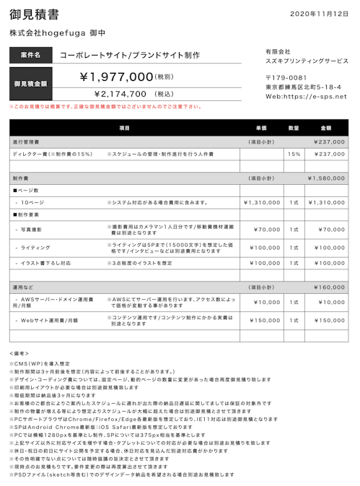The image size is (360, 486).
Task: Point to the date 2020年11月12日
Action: coord(319,14)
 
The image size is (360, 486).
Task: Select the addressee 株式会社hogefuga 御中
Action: coord(58,33)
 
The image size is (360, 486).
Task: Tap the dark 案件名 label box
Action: coord(30,55)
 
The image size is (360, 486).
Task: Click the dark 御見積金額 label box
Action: coord(30,84)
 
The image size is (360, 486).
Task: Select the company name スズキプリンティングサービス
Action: coord(307,61)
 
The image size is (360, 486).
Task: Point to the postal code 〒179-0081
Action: coord(286,78)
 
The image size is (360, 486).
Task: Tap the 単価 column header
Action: coord(261,128)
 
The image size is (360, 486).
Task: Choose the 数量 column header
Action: coord(294,128)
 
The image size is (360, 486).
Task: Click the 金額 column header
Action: coord(326,128)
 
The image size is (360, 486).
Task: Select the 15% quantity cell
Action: coord(294,154)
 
